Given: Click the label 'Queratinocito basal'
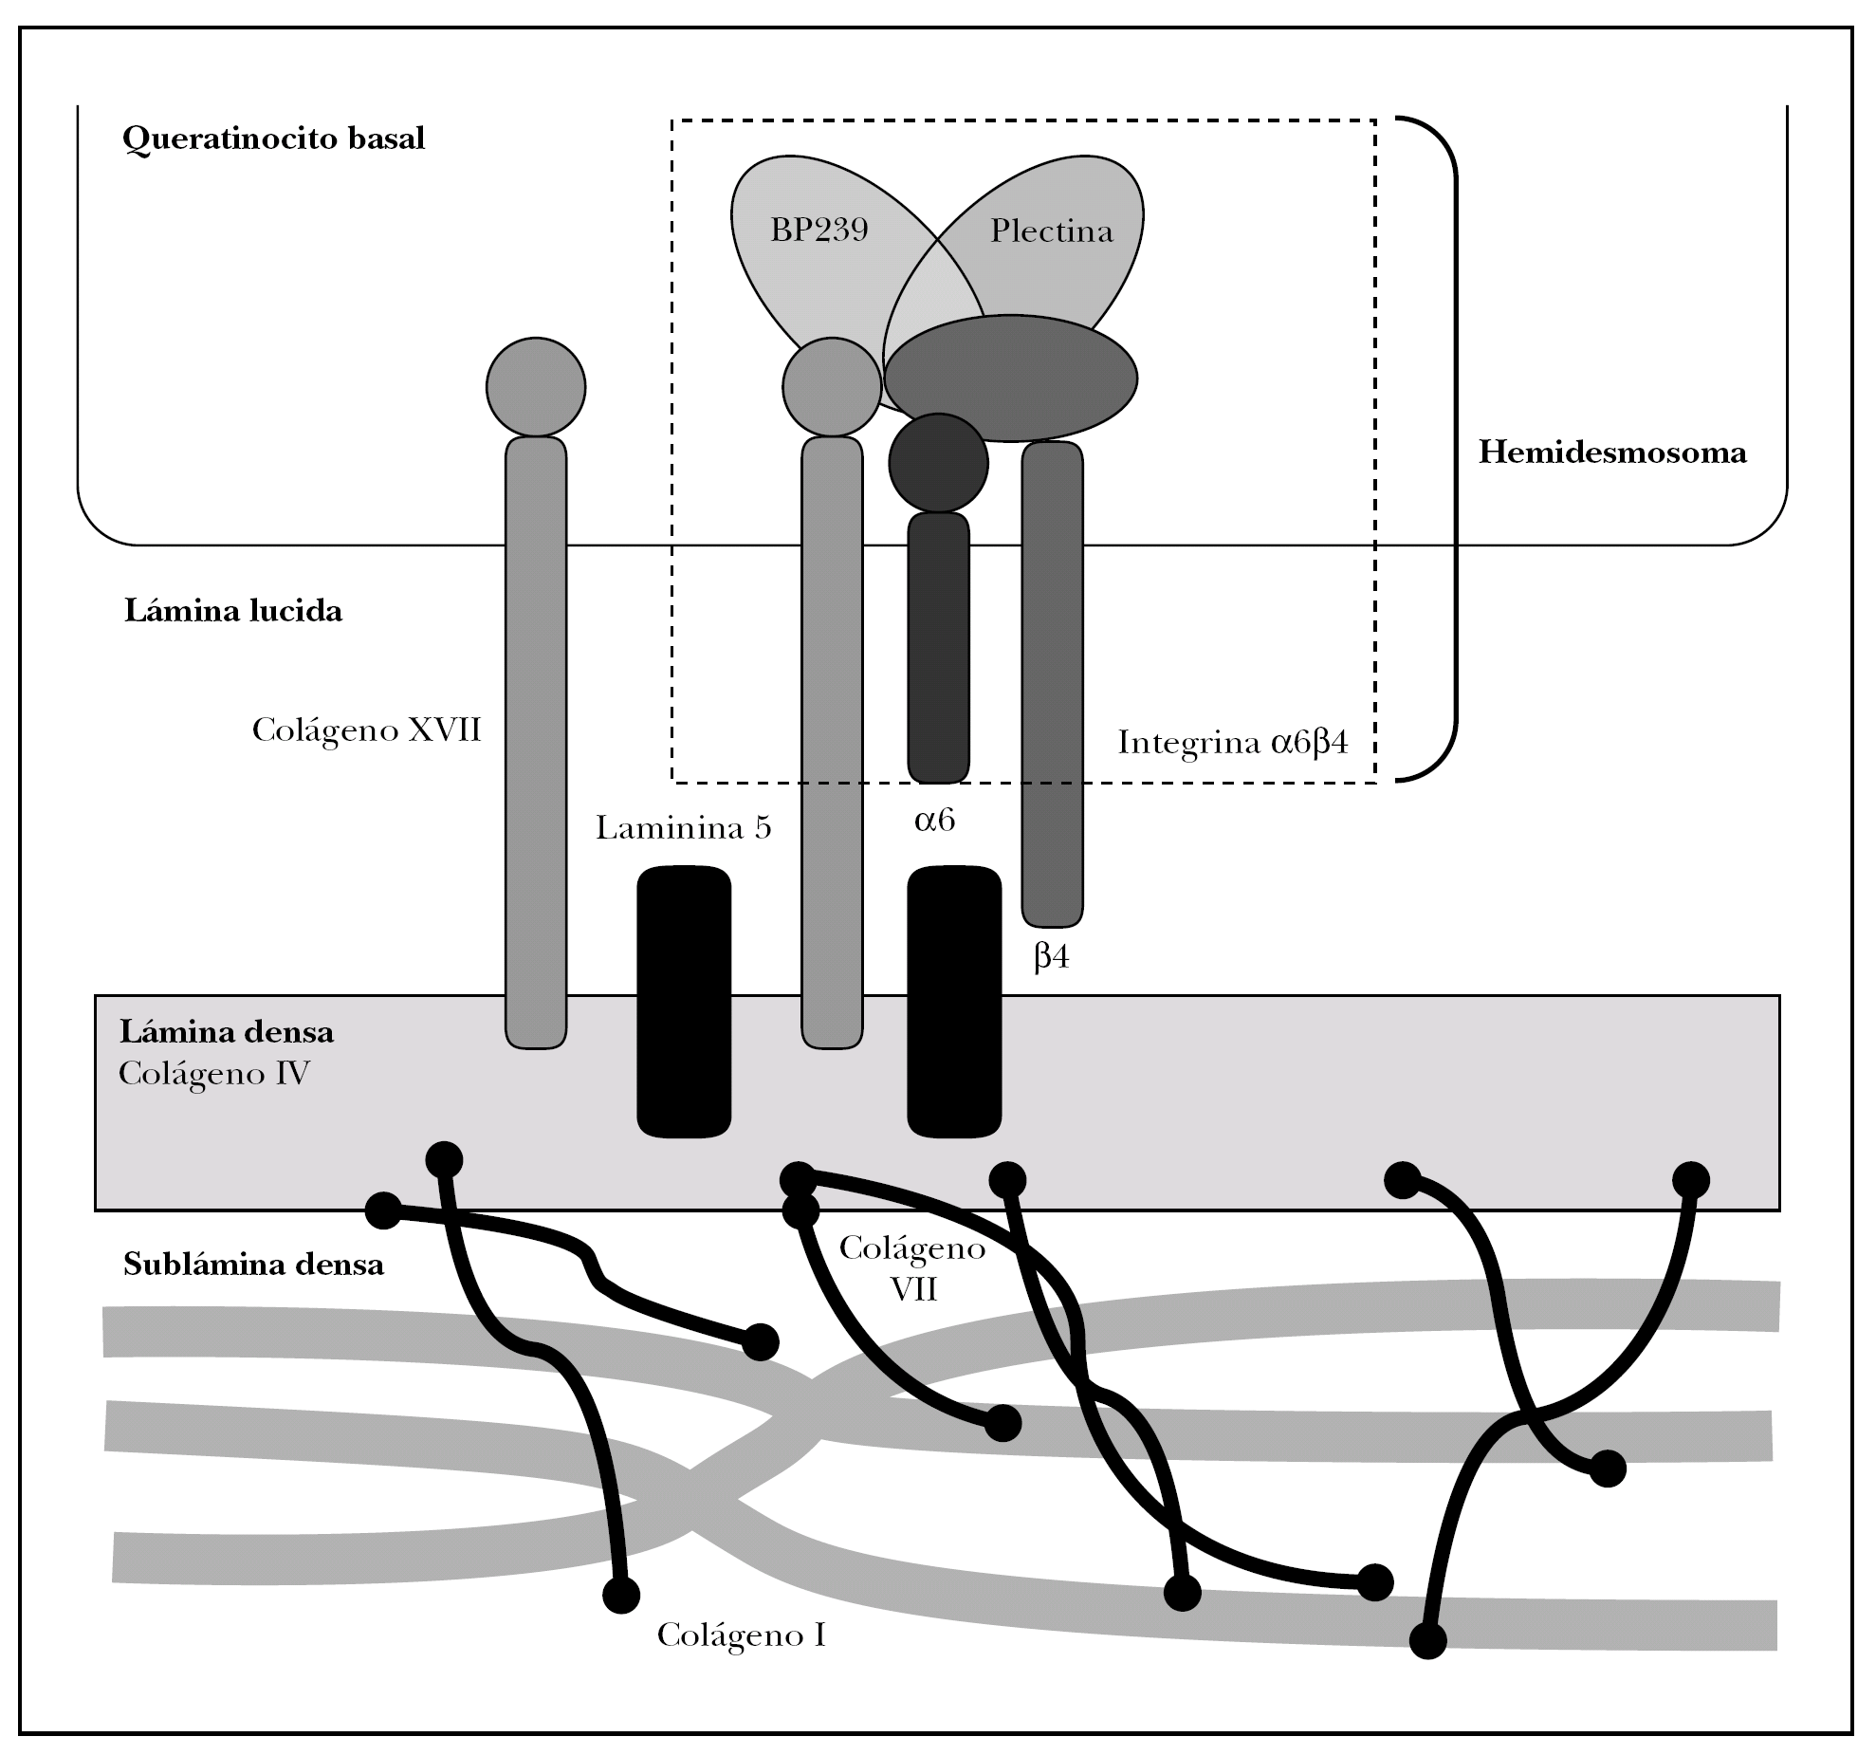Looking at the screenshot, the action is [274, 139].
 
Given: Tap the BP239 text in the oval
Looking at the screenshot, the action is [819, 231].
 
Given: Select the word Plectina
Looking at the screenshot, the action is [1052, 231].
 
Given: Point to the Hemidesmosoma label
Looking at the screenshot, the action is [1612, 453].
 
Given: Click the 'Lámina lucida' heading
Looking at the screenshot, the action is [233, 610].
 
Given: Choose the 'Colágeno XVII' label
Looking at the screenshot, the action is [367, 731].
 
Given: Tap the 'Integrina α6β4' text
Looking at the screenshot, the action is [1233, 742].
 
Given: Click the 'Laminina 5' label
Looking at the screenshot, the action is [684, 828].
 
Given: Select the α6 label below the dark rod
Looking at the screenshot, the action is [935, 820].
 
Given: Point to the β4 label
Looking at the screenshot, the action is [1052, 956].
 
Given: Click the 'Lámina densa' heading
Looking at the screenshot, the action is [227, 1031].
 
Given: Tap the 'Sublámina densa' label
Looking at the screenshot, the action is [254, 1265].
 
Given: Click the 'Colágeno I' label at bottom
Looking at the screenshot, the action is [742, 1635].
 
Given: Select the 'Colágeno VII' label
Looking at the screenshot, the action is [912, 1268].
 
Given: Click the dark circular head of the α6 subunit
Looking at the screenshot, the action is [938, 463].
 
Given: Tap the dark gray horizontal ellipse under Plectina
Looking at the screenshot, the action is [1011, 379].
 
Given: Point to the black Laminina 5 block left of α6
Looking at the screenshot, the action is [684, 1001].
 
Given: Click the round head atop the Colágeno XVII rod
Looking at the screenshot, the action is [536, 387].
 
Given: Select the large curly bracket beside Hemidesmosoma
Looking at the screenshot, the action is [1428, 450].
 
